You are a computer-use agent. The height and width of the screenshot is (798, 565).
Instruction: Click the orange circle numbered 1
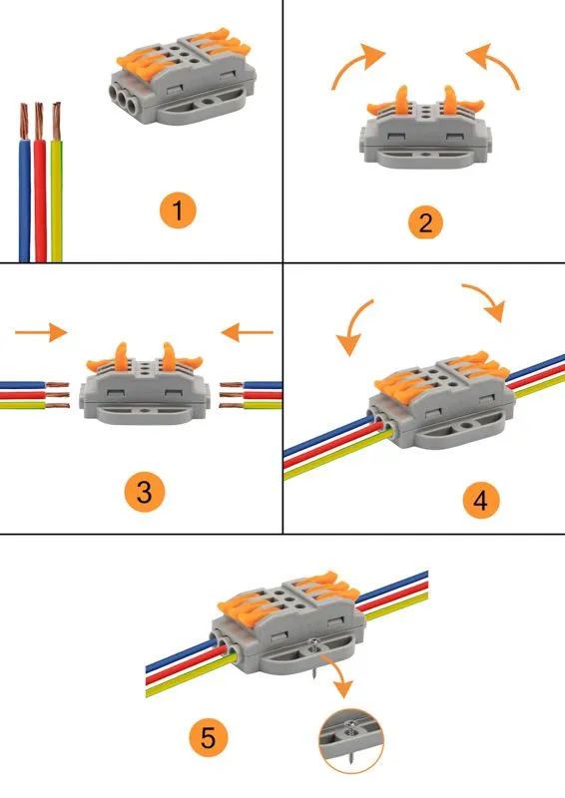[x=178, y=210]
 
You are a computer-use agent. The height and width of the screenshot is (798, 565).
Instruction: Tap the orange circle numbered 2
[x=426, y=222]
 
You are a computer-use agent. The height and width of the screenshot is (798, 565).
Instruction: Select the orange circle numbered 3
[x=145, y=492]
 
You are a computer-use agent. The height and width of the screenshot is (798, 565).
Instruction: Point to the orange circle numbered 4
[x=481, y=501]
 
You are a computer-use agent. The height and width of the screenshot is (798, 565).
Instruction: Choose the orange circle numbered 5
[x=209, y=737]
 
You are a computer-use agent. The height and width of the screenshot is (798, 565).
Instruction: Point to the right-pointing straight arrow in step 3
[x=41, y=332]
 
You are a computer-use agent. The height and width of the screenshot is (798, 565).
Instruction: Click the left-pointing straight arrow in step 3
[x=248, y=332]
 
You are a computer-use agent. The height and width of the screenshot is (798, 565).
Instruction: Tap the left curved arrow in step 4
[x=353, y=326]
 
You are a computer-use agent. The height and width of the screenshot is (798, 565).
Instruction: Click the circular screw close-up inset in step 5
[x=351, y=741]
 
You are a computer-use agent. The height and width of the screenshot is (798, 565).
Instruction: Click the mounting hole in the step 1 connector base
[x=207, y=102]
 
